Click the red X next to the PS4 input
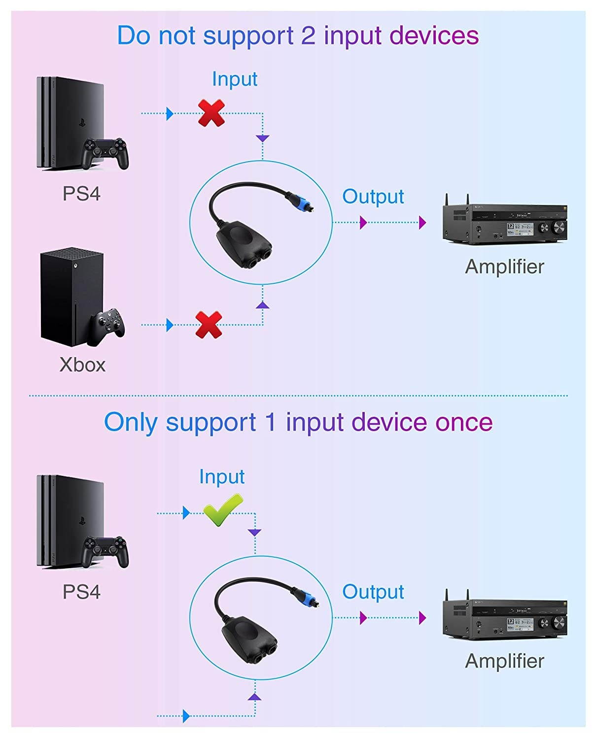pos(211,113)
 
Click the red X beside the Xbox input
pos(209,324)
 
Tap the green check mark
pos(223,510)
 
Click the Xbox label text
pos(82,365)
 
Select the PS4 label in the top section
pos(81,194)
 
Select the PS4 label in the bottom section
pos(81,592)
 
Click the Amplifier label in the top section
pos(504,267)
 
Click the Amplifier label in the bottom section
pos(504,661)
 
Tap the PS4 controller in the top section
pos(105,152)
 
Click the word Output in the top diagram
pos(373,197)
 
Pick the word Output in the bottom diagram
pos(373,592)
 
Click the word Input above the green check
pos(222,476)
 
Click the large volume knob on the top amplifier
pos(560,227)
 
